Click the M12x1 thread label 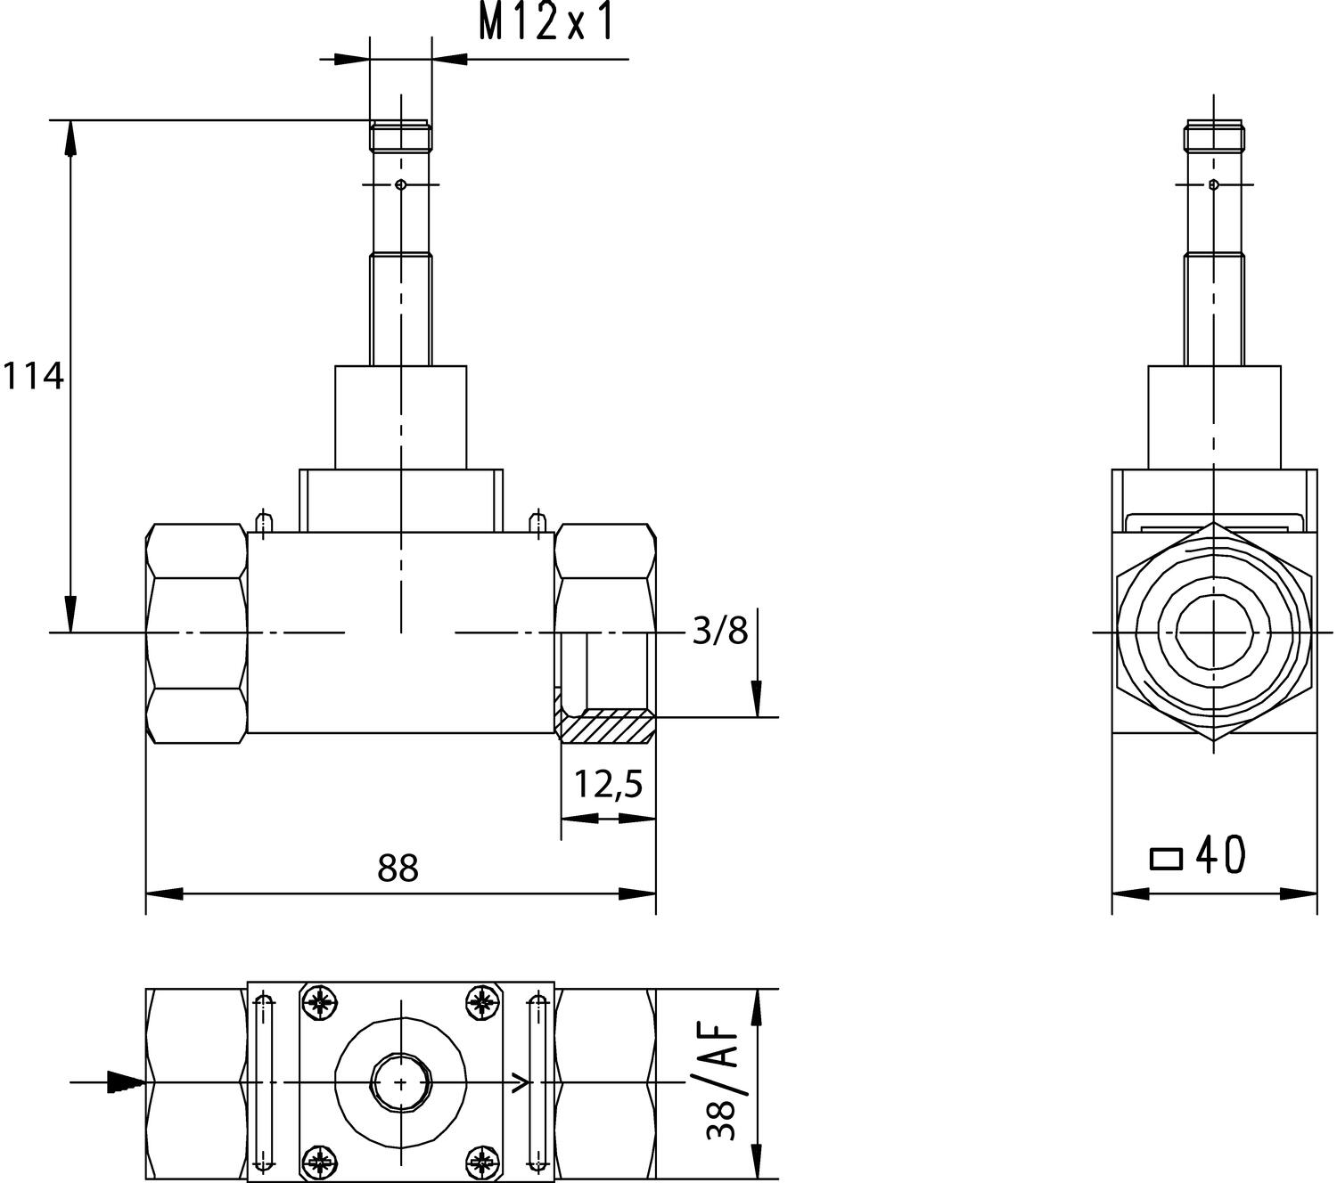(546, 23)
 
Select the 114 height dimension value (33, 377)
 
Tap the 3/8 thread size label (720, 632)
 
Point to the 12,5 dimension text (608, 786)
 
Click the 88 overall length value (398, 868)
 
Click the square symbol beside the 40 (1166, 859)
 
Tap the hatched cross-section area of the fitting (606, 726)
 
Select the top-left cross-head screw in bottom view (319, 1004)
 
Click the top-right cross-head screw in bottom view (482, 1004)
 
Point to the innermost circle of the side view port (1213, 631)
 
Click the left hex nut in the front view (196, 632)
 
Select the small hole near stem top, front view (401, 184)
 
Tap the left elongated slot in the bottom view (262, 1082)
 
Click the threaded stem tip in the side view (1213, 137)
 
